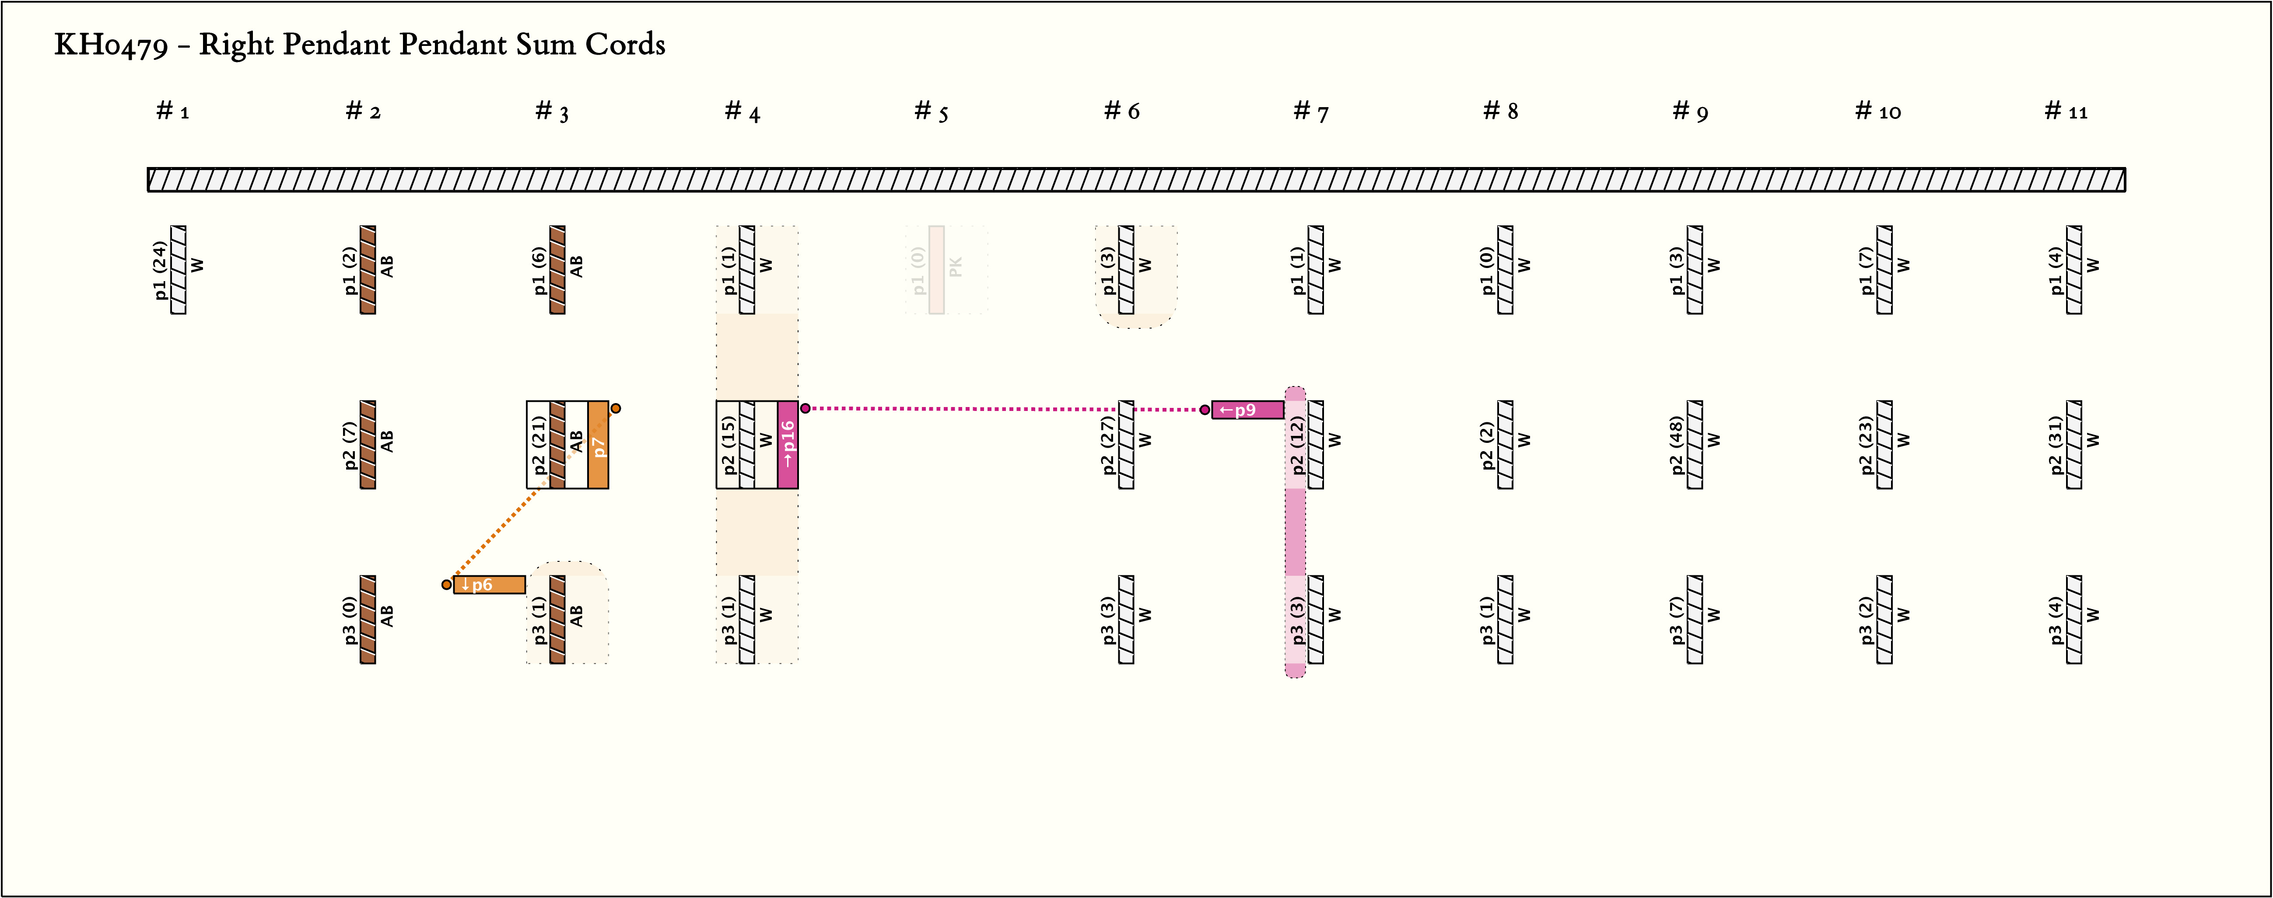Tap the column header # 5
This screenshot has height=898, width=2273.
[x=931, y=111]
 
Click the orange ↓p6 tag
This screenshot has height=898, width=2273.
[x=489, y=585]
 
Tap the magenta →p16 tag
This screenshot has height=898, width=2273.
[x=788, y=445]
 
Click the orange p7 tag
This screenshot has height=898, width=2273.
[x=598, y=445]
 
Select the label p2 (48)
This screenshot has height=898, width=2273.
[x=1677, y=445]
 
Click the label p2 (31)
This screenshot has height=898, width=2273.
[x=2056, y=445]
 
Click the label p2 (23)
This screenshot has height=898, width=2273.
[x=1866, y=445]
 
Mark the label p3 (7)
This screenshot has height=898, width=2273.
[x=1677, y=619]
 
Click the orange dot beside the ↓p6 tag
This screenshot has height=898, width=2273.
[x=446, y=585]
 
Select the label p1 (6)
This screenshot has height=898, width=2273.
[x=539, y=270]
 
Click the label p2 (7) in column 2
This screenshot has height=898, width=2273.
[x=350, y=445]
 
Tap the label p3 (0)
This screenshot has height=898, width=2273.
[x=350, y=619]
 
